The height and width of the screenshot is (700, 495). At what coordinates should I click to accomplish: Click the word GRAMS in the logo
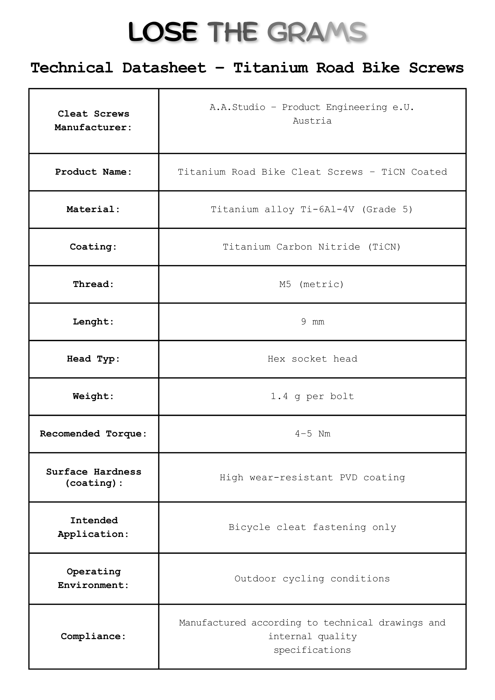(x=317, y=32)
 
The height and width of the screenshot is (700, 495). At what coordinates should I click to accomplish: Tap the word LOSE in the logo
(x=163, y=32)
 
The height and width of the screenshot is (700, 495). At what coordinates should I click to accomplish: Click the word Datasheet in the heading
(x=164, y=68)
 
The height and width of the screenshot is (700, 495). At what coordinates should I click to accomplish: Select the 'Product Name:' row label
(x=93, y=172)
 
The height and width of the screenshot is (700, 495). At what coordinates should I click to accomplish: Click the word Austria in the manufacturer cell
(x=312, y=121)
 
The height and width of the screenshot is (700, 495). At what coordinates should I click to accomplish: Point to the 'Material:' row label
(x=93, y=209)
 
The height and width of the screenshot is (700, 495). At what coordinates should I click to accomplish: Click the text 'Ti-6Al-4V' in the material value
(x=327, y=209)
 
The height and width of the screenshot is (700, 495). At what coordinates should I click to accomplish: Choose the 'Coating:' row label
(x=93, y=247)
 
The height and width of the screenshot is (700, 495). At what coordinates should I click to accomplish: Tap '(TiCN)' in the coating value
(x=384, y=247)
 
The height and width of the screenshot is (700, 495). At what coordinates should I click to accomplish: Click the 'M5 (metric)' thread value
(x=312, y=284)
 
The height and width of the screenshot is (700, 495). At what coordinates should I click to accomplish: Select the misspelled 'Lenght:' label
(x=93, y=322)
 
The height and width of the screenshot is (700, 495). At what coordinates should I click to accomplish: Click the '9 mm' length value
(x=312, y=322)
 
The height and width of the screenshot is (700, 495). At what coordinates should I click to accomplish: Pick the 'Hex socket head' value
(x=312, y=359)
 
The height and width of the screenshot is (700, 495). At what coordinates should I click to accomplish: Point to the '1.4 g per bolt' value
(x=312, y=396)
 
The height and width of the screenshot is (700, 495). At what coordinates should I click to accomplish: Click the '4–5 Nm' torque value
(x=312, y=434)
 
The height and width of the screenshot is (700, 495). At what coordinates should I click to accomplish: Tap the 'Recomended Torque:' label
(x=93, y=434)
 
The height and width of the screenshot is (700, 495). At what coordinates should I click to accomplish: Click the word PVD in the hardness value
(x=348, y=477)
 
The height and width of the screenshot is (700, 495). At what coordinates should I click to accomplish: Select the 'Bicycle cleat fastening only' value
(x=312, y=527)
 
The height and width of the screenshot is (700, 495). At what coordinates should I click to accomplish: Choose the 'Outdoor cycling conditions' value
(x=312, y=579)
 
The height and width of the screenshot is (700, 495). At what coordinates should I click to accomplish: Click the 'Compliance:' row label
(x=93, y=636)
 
